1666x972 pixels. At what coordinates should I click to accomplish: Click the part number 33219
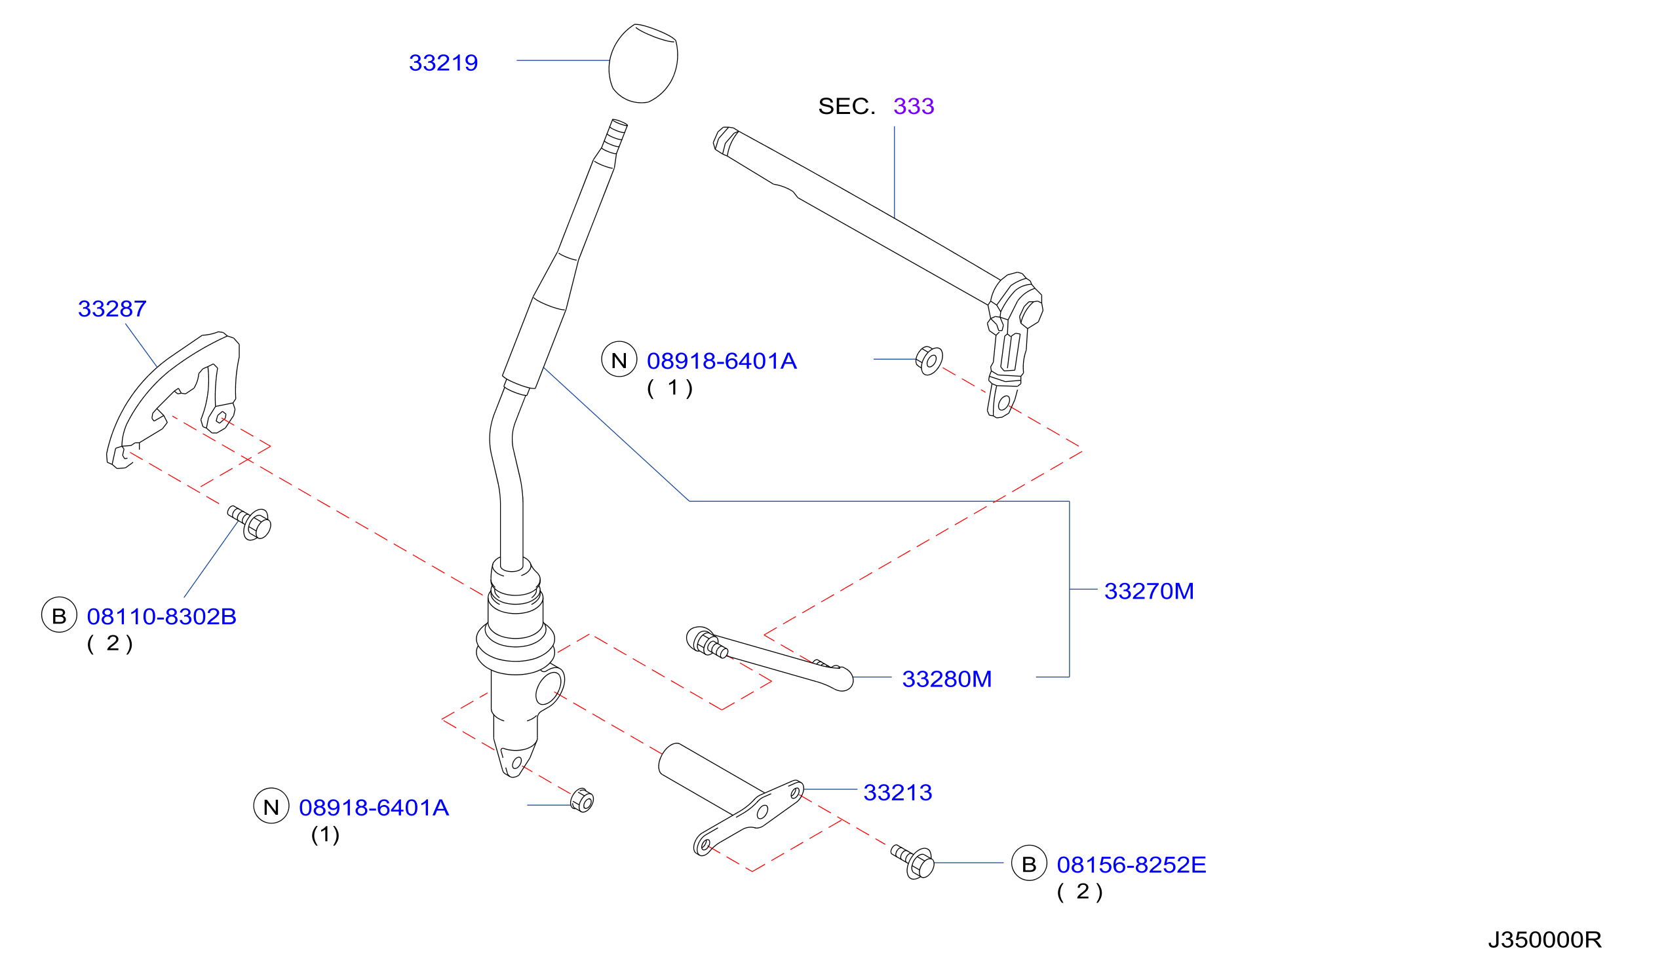pos(443,63)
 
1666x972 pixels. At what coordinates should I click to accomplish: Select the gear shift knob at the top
pos(642,64)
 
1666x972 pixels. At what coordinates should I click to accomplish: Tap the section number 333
pos(913,105)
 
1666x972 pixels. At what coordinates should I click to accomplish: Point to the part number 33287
pos(111,308)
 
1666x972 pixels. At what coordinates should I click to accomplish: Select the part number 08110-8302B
pos(161,616)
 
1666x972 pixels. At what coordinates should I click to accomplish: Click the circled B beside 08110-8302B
pos(59,615)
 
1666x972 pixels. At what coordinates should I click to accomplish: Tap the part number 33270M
pos(1148,591)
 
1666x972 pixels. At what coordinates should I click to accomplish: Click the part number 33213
pos(897,793)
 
